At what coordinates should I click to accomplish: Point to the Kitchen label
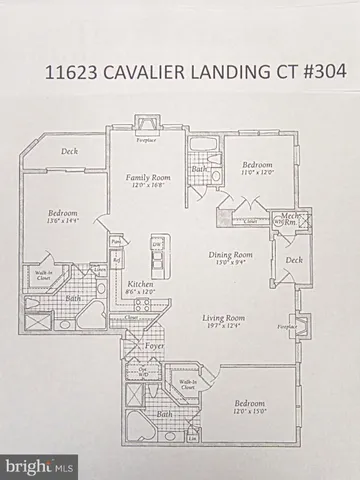click(140, 284)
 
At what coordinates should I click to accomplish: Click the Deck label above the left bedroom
click(69, 152)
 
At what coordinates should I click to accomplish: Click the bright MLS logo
click(40, 465)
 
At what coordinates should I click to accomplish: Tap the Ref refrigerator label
click(117, 261)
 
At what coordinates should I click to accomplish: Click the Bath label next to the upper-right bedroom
click(199, 171)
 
